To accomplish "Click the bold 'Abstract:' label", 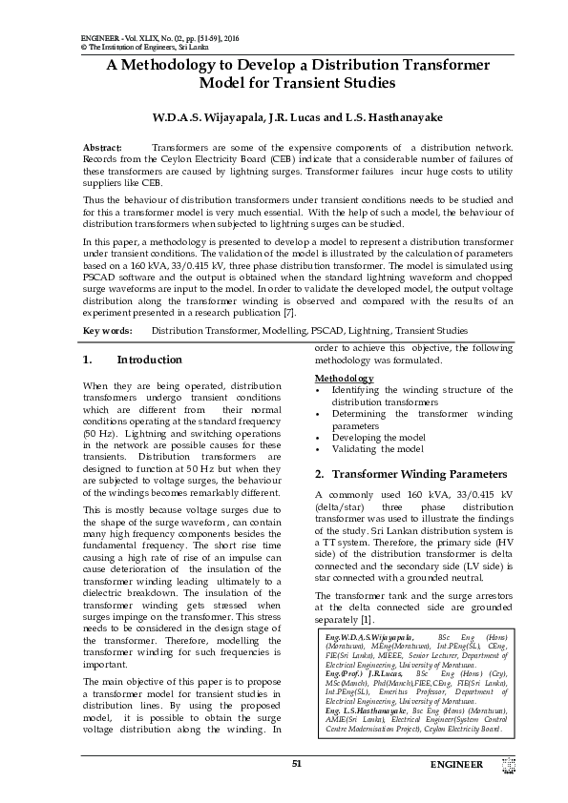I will (103, 148).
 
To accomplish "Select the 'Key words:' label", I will (107, 331).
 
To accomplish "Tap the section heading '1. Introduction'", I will (132, 360).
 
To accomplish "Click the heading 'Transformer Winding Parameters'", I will (411, 474).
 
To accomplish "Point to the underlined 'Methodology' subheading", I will (344, 379).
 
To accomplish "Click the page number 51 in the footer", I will (296, 764).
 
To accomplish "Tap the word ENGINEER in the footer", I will (456, 765).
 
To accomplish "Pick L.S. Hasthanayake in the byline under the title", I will (376, 117).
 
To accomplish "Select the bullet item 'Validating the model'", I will (377, 448).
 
